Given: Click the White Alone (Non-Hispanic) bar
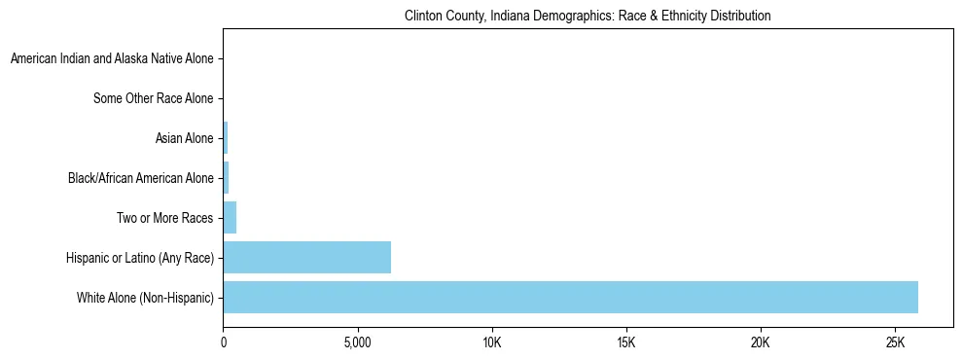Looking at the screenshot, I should point(570,297).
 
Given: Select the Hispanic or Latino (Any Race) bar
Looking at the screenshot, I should point(306,257).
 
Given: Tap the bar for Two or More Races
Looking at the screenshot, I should point(230,217).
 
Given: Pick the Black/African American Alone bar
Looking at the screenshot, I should point(226,178).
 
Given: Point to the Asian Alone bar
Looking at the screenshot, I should point(226,138).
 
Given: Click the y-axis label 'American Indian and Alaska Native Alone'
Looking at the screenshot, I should point(112,59).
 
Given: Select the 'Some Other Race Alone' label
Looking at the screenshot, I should point(153,98).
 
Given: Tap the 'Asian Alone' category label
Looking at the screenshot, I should point(184,138).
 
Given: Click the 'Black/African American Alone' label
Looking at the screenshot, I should point(140,178).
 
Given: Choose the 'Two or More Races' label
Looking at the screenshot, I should point(164,217).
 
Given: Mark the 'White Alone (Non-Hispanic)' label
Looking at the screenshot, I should point(145,297).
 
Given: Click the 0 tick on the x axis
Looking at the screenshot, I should point(224,343).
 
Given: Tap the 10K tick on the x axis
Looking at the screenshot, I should point(492,343).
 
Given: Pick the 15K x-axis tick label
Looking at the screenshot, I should point(626,343).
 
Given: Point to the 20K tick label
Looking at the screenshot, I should point(761,343).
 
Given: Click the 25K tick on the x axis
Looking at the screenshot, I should point(895,343).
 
